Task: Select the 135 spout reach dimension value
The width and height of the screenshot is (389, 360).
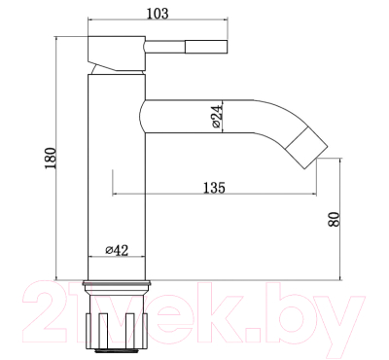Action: (216, 187)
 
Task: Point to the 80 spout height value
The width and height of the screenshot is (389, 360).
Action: (335, 218)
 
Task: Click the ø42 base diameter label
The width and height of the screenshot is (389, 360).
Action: (117, 250)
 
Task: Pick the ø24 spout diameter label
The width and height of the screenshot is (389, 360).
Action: (217, 118)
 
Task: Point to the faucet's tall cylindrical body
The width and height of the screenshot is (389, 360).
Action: (116, 175)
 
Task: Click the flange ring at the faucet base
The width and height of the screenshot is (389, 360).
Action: (116, 286)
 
